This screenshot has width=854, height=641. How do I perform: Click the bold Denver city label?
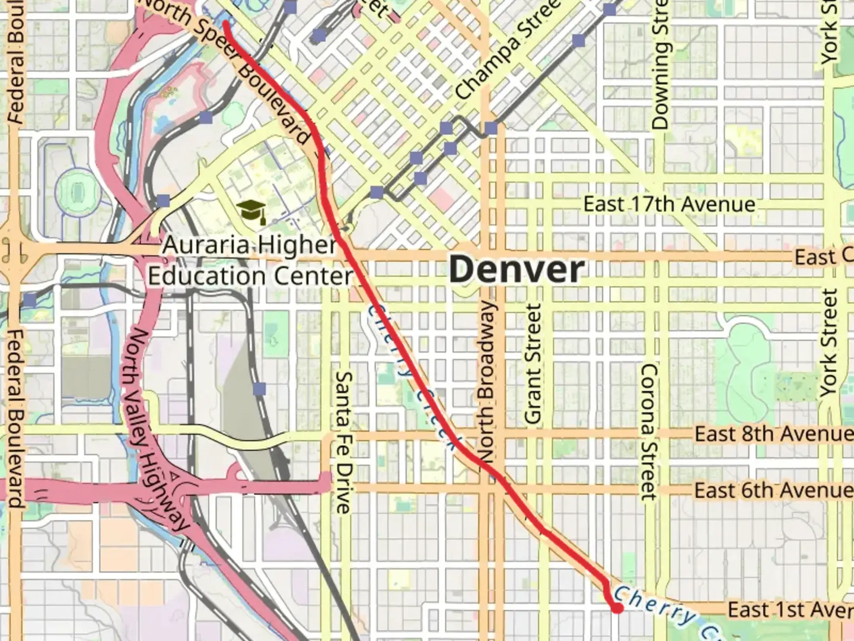516,270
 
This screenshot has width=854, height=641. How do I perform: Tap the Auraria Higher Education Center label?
250,261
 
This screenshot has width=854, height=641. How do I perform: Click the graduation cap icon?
251,211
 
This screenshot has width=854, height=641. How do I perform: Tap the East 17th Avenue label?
669,205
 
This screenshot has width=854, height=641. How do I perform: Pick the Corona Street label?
649,431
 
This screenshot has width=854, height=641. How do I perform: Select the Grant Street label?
533,364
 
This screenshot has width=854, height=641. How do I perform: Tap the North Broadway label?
486,380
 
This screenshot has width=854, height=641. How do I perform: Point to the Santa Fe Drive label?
343,442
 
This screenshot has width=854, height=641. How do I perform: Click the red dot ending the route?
617,608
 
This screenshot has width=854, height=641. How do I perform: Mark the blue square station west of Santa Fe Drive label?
259,389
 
